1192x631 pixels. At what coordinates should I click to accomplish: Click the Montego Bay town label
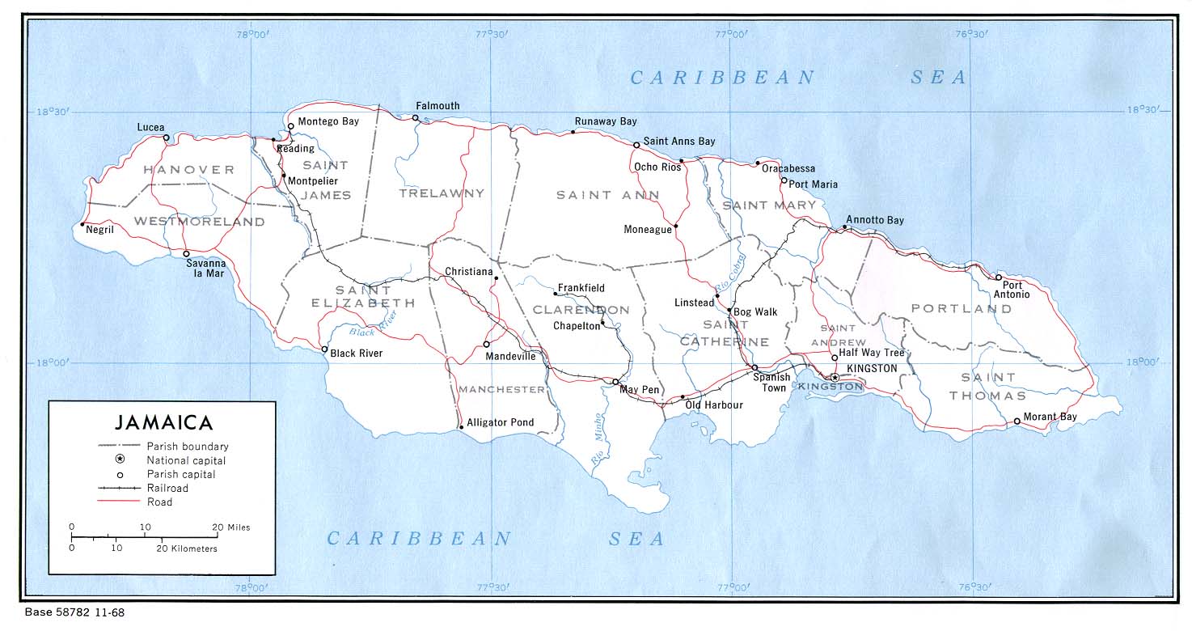328,121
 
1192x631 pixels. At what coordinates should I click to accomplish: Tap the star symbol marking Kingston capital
835,377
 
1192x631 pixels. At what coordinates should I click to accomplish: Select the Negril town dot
82,225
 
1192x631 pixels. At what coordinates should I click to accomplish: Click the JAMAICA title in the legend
163,422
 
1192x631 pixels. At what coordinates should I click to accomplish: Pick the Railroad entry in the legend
167,488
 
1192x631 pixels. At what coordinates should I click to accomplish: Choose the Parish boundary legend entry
188,446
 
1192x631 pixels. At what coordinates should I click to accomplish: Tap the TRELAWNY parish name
442,193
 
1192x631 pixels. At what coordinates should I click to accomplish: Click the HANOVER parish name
188,170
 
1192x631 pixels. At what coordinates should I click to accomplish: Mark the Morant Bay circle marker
1017,421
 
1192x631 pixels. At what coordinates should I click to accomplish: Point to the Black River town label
357,354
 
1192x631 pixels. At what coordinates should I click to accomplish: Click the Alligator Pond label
501,422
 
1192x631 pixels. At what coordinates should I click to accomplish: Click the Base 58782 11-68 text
74,613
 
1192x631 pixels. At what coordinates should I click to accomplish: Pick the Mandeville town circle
487,344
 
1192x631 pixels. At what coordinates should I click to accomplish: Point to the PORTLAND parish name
962,308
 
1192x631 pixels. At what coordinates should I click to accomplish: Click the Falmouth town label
437,106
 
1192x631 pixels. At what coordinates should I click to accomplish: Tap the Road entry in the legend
159,502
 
